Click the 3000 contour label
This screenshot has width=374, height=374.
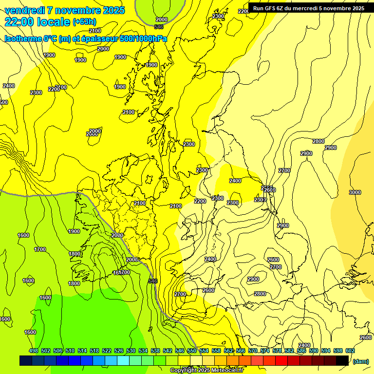click(x=355, y=192)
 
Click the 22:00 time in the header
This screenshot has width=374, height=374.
click(x=19, y=21)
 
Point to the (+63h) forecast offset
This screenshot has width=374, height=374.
click(x=84, y=22)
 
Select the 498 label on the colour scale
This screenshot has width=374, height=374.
click(x=34, y=351)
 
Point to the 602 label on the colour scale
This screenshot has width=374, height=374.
click(x=350, y=351)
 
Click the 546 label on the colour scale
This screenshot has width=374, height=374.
click(x=180, y=351)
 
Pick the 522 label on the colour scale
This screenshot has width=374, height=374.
click(x=107, y=351)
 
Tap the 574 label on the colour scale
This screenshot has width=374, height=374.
click(x=265, y=351)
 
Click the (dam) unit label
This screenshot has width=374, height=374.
click(x=360, y=361)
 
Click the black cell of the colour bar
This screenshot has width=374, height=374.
click(x=342, y=360)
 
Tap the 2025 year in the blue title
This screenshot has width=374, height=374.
click(x=113, y=10)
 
